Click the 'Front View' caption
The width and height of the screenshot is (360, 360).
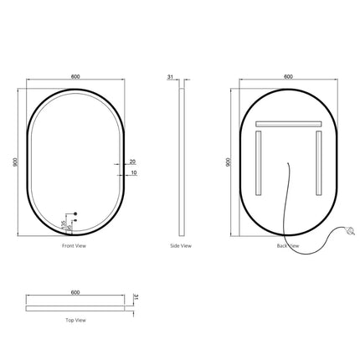[x=75, y=246]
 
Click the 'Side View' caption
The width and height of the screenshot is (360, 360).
[x=180, y=246]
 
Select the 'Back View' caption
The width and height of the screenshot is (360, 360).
[x=288, y=246]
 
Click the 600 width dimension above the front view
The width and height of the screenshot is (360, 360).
[x=75, y=76]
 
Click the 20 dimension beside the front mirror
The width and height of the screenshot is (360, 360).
[x=133, y=161]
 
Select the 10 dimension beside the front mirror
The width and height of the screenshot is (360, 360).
[x=133, y=173]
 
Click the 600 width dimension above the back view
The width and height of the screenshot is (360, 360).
[x=289, y=76]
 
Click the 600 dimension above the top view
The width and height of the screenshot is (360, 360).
[x=75, y=292]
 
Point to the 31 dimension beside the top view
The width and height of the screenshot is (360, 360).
[x=134, y=298]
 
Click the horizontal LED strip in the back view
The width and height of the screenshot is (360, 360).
[x=289, y=124]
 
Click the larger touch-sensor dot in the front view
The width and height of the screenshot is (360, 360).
[x=73, y=213]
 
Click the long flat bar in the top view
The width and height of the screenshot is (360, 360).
[x=75, y=305]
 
